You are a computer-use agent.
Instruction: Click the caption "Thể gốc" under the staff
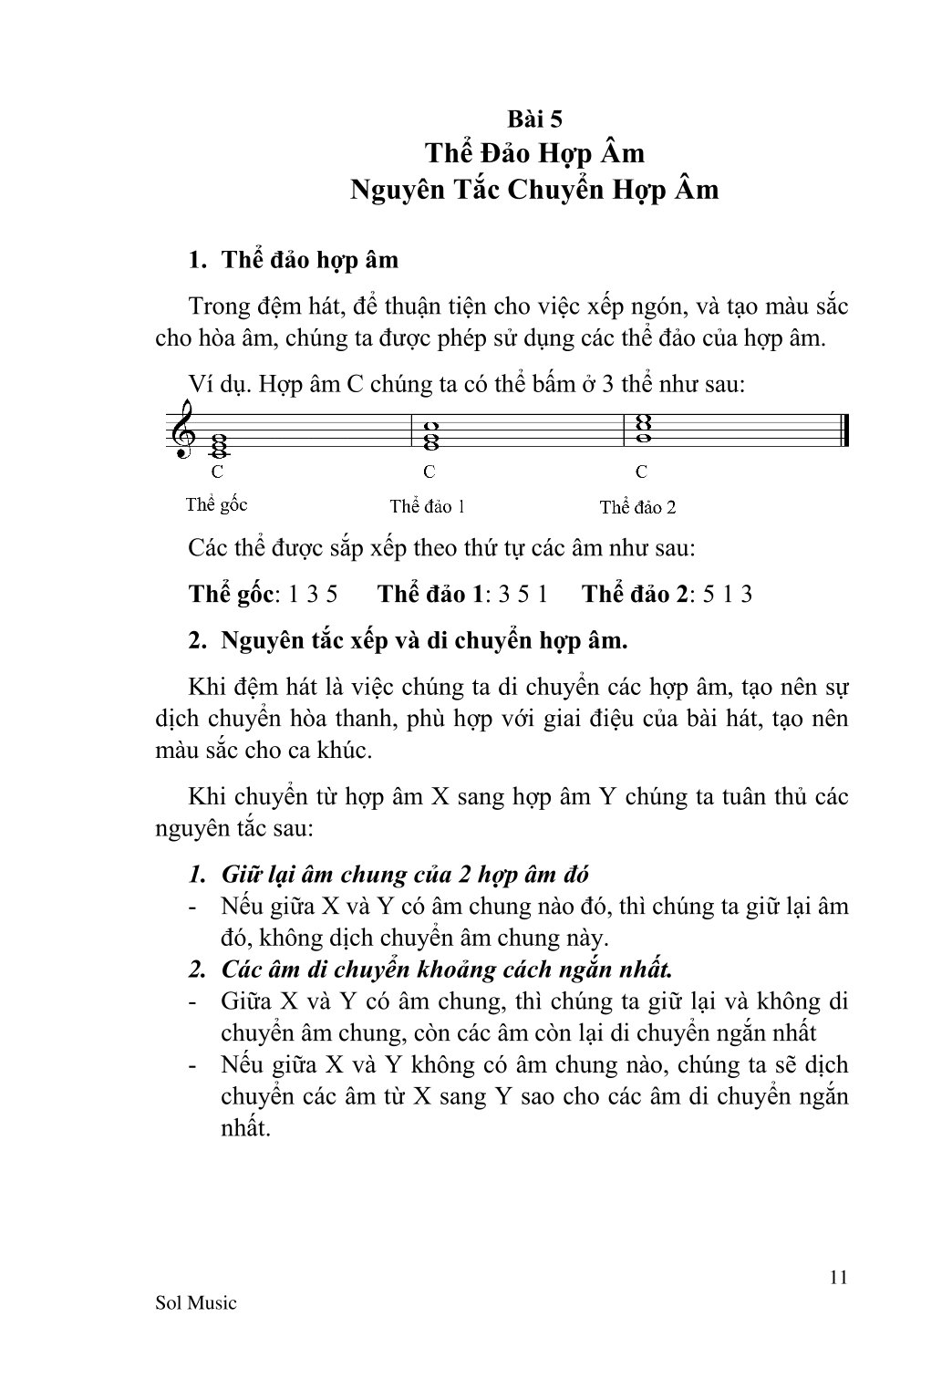216,504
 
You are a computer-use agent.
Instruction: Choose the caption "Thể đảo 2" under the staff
637,507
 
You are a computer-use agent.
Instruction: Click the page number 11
839,1277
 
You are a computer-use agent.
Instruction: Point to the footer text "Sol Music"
196,1302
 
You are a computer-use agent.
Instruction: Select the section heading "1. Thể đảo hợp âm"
293,260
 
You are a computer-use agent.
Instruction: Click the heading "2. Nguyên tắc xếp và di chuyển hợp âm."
408,640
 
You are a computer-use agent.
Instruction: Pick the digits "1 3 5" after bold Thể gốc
313,595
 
